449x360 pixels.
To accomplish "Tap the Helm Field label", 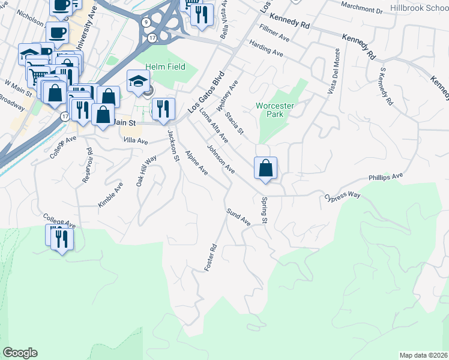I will click(x=165, y=67).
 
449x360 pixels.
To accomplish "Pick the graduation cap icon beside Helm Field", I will click(x=138, y=82).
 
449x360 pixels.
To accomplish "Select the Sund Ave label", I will click(x=238, y=217).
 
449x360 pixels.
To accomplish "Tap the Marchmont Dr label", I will click(x=361, y=10).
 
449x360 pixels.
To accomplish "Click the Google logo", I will click(x=20, y=353).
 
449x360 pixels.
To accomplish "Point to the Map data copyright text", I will click(x=424, y=355).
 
